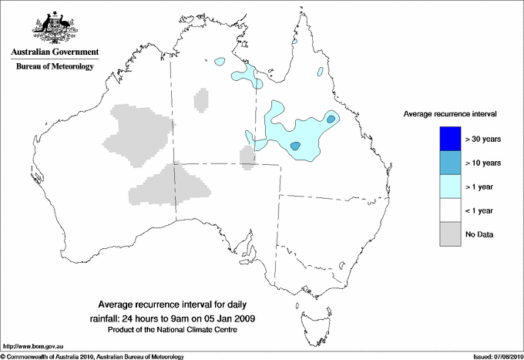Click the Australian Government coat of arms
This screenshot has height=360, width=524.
coord(55,25)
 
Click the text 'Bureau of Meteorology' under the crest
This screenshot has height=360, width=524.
coord(55,66)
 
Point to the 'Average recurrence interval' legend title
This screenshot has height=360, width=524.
coord(449,113)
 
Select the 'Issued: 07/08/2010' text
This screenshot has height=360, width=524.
coord(497,356)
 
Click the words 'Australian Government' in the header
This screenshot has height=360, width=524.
coord(55,52)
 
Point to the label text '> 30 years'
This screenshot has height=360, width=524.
coord(483,140)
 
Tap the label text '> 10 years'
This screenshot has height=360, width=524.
coord(483,163)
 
